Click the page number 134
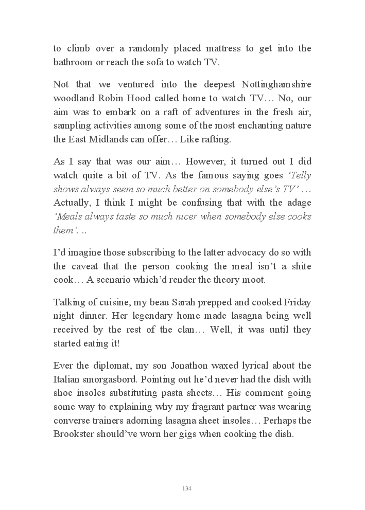[x=187, y=488]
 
